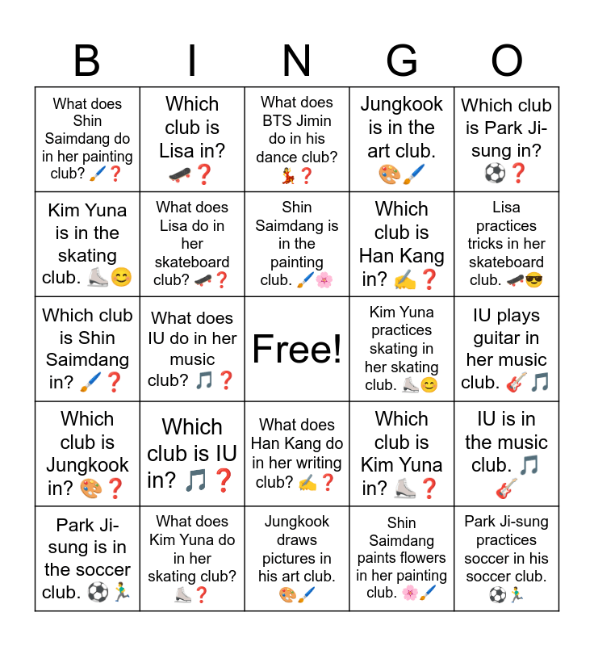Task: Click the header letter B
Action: [x=87, y=61]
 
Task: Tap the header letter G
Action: [x=401, y=61]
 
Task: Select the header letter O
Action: [x=507, y=61]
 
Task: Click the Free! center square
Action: [x=297, y=349]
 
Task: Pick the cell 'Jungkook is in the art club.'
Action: [x=402, y=139]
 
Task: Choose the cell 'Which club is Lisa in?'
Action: [x=192, y=139]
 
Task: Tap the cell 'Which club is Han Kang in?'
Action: [x=402, y=244]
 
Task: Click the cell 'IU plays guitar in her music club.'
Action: [x=507, y=349]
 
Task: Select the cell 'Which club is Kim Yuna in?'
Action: [x=402, y=454]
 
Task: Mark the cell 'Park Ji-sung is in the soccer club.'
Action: [x=87, y=559]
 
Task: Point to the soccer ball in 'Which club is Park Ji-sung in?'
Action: [x=494, y=173]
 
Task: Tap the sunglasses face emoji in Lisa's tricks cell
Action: [x=534, y=280]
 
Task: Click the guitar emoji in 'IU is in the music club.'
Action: [x=507, y=489]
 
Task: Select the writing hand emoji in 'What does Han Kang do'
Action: [x=308, y=483]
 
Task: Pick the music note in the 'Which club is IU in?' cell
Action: [x=195, y=481]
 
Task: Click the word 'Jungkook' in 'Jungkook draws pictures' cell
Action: [x=297, y=522]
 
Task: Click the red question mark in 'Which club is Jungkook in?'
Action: [x=116, y=488]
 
